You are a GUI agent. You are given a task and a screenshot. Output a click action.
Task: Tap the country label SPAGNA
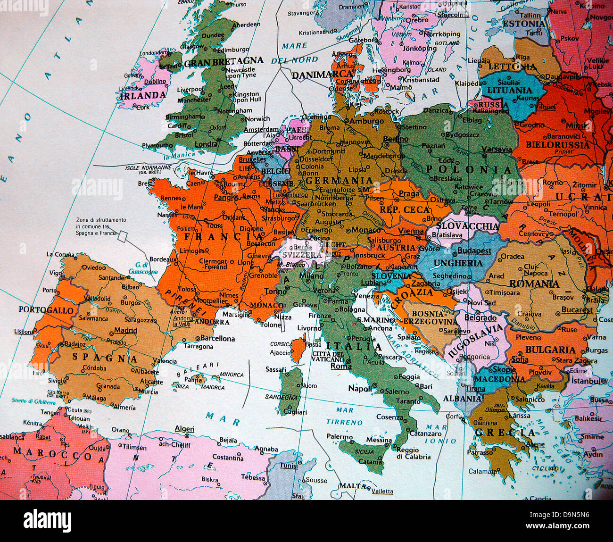pos(105,358)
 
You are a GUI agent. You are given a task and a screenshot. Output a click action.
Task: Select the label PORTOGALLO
pos(46,310)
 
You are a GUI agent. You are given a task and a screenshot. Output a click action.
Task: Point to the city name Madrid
pos(125,330)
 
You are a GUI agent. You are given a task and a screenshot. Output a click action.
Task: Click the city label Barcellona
pos(217,338)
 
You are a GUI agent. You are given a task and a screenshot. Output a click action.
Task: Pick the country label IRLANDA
pos(142,95)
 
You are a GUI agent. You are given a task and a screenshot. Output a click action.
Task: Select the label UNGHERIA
pos(458,263)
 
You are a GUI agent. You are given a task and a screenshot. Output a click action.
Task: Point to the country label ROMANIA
pos(534,284)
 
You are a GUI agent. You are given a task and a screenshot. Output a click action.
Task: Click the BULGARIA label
pos(550,350)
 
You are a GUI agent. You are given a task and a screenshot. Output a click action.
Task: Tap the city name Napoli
pos(360,388)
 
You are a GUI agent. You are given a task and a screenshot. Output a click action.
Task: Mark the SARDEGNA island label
pos(282,397)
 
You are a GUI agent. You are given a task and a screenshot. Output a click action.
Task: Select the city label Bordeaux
pos(163,259)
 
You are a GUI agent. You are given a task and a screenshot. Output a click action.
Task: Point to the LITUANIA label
pos(509,90)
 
